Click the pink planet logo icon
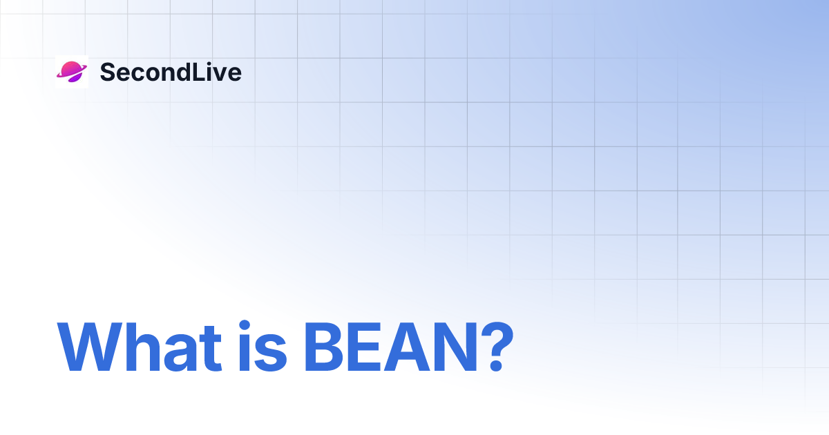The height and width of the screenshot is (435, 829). point(71,71)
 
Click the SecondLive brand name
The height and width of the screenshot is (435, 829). point(171,72)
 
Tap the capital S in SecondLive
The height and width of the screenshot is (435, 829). point(107,72)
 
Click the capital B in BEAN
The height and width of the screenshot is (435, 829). point(323,347)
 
